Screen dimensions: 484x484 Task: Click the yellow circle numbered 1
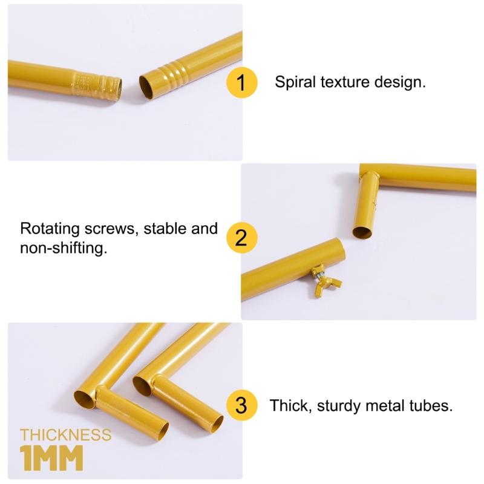241,82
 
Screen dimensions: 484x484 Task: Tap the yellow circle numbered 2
241,238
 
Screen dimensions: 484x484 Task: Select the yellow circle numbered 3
241,405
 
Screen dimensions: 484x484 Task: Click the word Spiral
295,82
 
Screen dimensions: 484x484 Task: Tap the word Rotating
50,229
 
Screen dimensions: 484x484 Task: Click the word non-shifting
64,248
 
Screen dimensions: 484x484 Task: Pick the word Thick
290,405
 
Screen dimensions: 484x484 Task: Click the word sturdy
339,406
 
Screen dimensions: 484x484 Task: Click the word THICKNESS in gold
66,435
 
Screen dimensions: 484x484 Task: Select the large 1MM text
52,458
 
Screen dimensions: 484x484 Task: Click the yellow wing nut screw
325,280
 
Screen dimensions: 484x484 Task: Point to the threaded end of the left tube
97,83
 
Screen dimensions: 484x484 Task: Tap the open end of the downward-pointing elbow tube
362,232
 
